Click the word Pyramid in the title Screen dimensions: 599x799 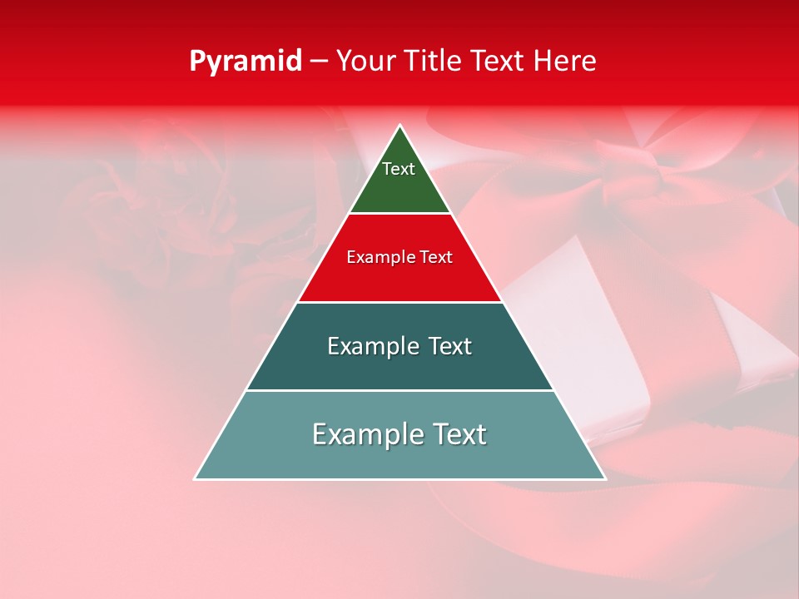coord(246,62)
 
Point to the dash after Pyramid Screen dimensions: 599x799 coord(318,62)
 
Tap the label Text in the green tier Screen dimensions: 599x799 coord(399,169)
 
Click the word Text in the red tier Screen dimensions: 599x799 coord(436,258)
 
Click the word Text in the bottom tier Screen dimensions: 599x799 coord(459,434)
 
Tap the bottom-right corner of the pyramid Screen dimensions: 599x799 coord(604,478)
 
